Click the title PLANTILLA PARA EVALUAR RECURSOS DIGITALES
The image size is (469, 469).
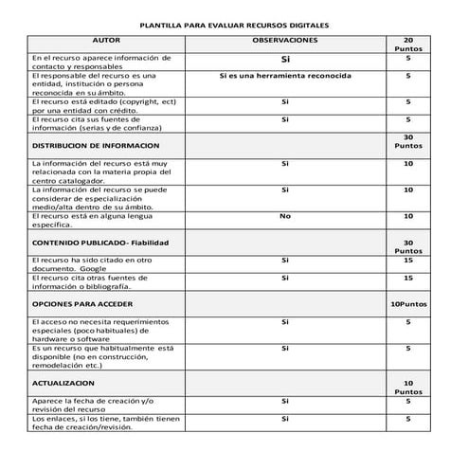234,27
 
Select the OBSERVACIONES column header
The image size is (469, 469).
284,42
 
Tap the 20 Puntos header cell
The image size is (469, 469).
407,45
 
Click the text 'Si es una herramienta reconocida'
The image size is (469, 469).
284,75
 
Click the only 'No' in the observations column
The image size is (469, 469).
284,217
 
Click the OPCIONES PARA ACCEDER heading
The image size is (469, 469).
81,304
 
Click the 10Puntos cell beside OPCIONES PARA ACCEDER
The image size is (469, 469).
407,304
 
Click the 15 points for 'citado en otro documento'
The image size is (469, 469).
407,260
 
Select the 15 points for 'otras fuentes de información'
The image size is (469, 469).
407,278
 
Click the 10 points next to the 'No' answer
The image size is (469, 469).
407,217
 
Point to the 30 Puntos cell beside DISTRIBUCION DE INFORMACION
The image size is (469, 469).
407,142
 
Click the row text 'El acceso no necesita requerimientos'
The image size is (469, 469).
104,322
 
